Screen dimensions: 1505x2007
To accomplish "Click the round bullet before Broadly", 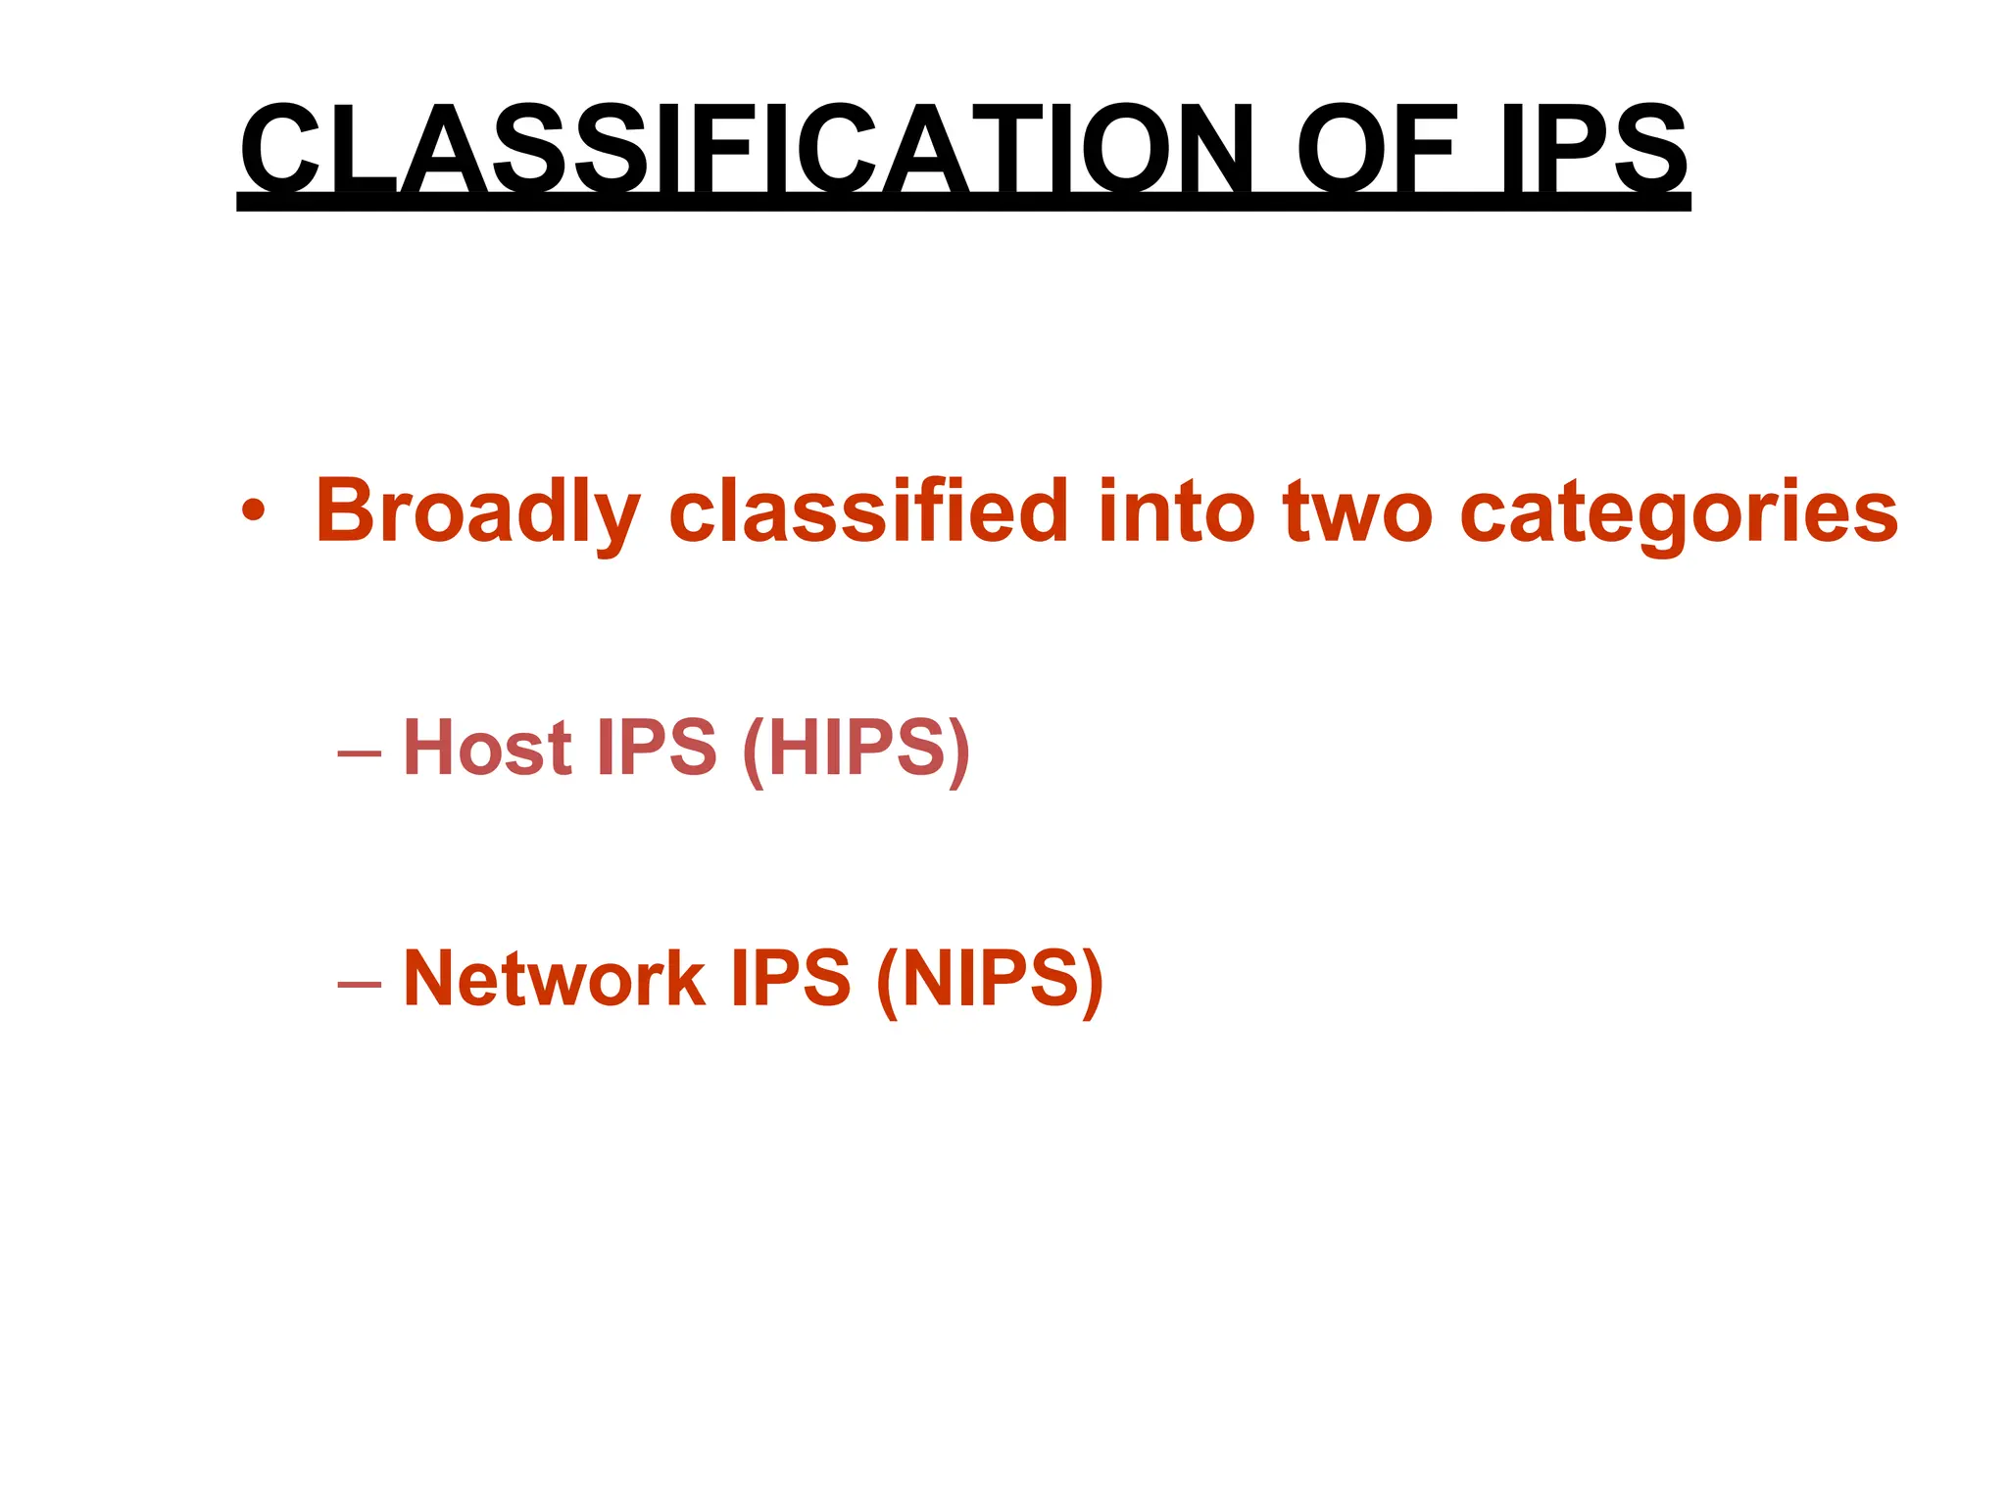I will (253, 510).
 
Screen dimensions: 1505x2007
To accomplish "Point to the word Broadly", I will (477, 512).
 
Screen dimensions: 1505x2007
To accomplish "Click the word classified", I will (868, 510).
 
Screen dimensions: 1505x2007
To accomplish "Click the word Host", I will (487, 747).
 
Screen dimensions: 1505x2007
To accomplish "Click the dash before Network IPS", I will (359, 983).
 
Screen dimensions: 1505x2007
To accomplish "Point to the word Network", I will (554, 977).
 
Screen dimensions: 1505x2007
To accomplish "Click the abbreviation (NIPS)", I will (990, 979).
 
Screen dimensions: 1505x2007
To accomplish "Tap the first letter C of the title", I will (280, 149).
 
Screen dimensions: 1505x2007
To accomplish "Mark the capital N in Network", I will (431, 977).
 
